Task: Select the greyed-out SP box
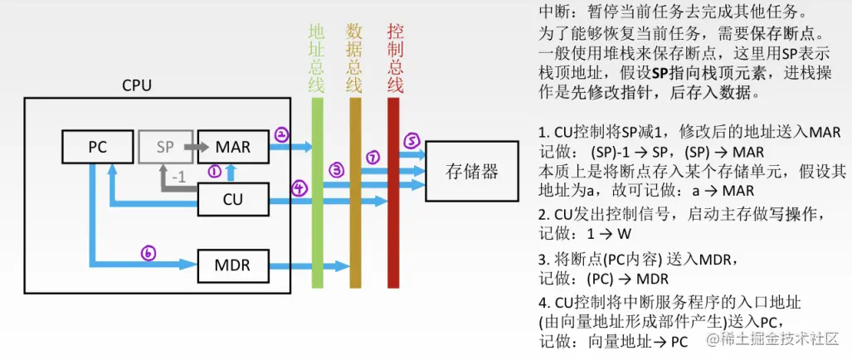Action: pyautogui.click(x=165, y=147)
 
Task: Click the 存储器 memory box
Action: pyautogui.click(x=472, y=172)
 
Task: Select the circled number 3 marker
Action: pyautogui.click(x=336, y=170)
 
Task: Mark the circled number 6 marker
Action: pyautogui.click(x=148, y=254)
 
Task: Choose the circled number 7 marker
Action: pyautogui.click(x=372, y=157)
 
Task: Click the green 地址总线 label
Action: pyautogui.click(x=316, y=57)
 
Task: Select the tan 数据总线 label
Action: pyautogui.click(x=354, y=57)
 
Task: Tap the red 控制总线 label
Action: pyautogui.click(x=395, y=57)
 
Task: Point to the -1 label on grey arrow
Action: pyautogui.click(x=178, y=177)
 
